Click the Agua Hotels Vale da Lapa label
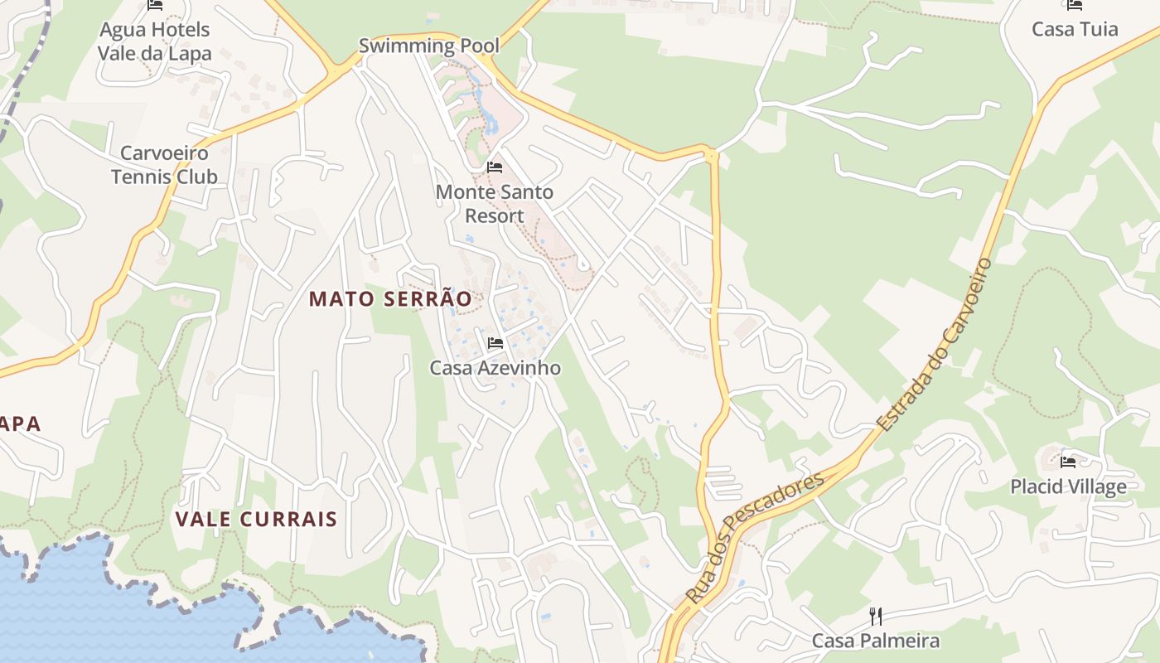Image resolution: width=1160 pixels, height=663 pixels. pyautogui.click(x=154, y=41)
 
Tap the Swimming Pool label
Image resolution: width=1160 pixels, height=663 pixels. pyautogui.click(x=429, y=46)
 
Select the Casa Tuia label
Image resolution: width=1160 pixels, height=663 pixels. pyautogui.click(x=1075, y=29)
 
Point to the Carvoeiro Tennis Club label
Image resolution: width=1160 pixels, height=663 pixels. pyautogui.click(x=164, y=164)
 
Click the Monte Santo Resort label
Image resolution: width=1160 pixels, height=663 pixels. pyautogui.click(x=495, y=204)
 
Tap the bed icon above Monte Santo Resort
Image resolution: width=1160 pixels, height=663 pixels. pyautogui.click(x=495, y=167)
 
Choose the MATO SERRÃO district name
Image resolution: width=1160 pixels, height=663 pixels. pyautogui.click(x=390, y=299)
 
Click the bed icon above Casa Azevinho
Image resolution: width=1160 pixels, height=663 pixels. pyautogui.click(x=495, y=342)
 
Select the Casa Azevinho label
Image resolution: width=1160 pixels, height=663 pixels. pyautogui.click(x=495, y=367)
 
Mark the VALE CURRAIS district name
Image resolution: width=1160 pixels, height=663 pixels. pyautogui.click(x=256, y=520)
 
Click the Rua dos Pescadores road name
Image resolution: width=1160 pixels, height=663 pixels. pyautogui.click(x=756, y=537)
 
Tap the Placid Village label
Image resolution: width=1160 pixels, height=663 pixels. pyautogui.click(x=1068, y=486)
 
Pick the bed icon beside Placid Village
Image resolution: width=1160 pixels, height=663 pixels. pyautogui.click(x=1068, y=462)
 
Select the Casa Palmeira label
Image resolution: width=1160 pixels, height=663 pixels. pyautogui.click(x=876, y=641)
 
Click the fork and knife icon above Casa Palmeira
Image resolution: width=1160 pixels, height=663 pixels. pyautogui.click(x=875, y=616)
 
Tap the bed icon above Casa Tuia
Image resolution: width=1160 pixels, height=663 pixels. pyautogui.click(x=1075, y=5)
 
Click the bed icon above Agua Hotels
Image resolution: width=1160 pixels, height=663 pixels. pyautogui.click(x=154, y=5)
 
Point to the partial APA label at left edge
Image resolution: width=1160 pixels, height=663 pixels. pyautogui.click(x=21, y=424)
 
